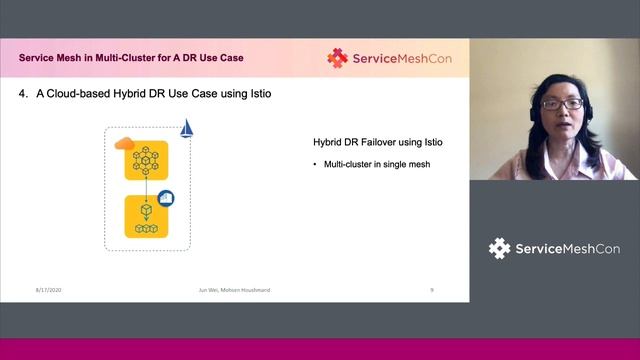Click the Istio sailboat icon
tap(186, 129)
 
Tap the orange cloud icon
tap(125, 144)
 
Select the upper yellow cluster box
tap(146, 160)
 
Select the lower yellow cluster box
tap(146, 217)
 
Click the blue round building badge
tap(166, 198)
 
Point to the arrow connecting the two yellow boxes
tap(146, 189)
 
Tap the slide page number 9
tap(431, 289)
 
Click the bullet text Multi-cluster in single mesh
tap(377, 164)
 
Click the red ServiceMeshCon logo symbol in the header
tap(337, 58)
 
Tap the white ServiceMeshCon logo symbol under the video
tap(499, 248)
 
